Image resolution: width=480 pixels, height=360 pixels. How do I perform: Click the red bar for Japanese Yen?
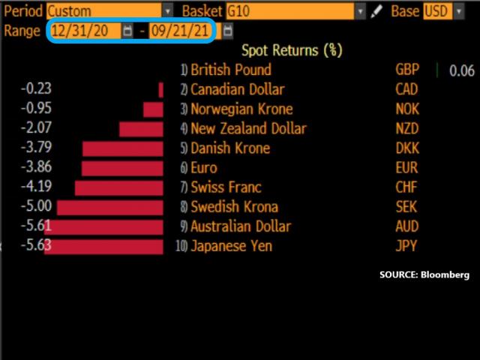point(103,246)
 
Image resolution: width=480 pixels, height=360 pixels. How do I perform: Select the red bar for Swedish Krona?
point(110,207)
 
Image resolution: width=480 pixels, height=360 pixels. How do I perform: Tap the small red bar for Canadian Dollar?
point(160,90)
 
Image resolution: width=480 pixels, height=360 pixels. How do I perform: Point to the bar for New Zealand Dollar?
point(141,129)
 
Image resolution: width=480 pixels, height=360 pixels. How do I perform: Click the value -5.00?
point(37,207)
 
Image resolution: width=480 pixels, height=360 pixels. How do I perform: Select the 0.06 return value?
point(462,70)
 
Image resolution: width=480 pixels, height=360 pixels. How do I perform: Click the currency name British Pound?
point(231,70)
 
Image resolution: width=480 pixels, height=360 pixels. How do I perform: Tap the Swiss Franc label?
point(226,187)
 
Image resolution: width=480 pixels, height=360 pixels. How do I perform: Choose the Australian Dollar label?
point(240,226)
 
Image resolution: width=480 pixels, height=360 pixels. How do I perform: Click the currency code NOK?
point(407,109)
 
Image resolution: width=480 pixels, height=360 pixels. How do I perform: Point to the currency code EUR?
point(407,168)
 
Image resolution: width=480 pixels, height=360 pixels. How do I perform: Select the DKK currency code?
point(407,148)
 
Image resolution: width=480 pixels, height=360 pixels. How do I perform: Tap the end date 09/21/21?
point(180,31)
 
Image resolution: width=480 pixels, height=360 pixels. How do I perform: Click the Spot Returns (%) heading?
point(292,50)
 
